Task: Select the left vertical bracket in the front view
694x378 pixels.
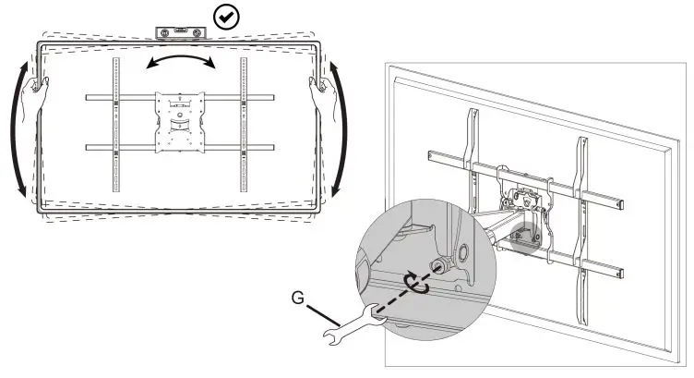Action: [116, 125]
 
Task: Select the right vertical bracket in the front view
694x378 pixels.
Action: [244, 125]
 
